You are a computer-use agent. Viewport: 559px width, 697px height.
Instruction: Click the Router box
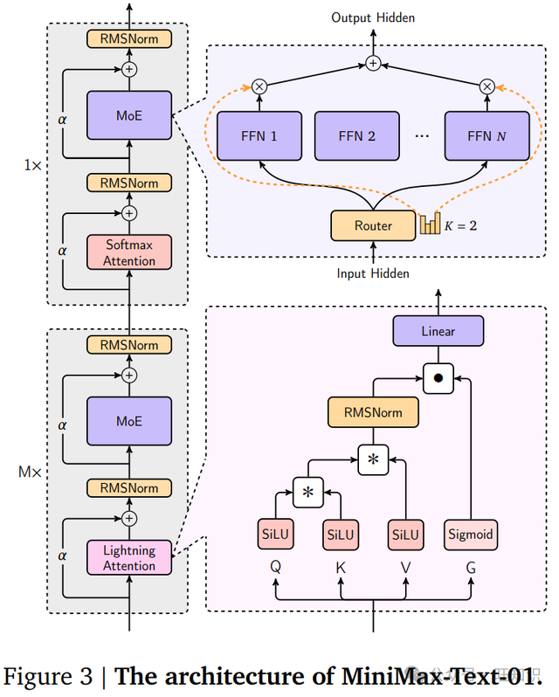pos(373,225)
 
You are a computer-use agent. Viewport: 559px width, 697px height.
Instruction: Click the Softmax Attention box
pos(129,252)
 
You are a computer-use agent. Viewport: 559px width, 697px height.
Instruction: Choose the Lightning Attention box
pos(129,558)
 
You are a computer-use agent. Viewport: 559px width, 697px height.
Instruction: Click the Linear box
pos(438,332)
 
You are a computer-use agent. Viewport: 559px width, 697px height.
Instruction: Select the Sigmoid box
pos(472,535)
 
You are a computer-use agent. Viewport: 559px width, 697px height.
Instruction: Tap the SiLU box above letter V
pos(406,535)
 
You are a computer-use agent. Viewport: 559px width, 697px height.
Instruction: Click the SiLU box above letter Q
pos(276,535)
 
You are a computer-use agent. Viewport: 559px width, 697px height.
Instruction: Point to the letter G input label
pos(472,566)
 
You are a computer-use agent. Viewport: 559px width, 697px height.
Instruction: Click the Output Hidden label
pos(373,17)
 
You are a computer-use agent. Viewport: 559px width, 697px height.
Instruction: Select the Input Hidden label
pos(373,273)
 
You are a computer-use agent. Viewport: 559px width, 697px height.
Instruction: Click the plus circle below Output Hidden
pos(373,63)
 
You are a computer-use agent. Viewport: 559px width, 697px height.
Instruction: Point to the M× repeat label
pos(30,473)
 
